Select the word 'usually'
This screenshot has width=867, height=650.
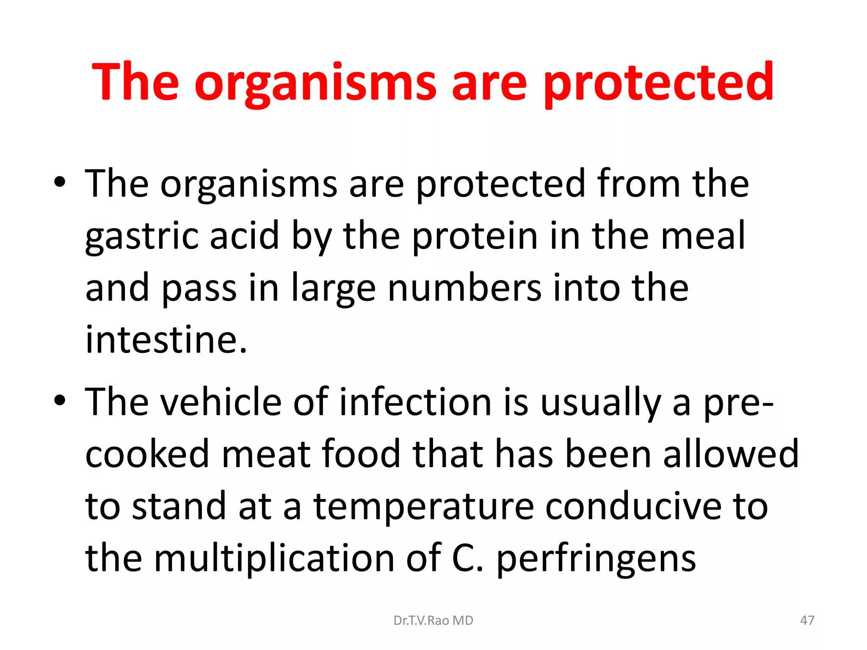[600, 402]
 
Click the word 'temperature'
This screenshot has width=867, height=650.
[423, 506]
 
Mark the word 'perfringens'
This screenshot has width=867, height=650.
[596, 559]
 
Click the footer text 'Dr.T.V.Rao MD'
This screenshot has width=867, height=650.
[433, 620]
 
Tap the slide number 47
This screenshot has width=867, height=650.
[807, 620]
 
